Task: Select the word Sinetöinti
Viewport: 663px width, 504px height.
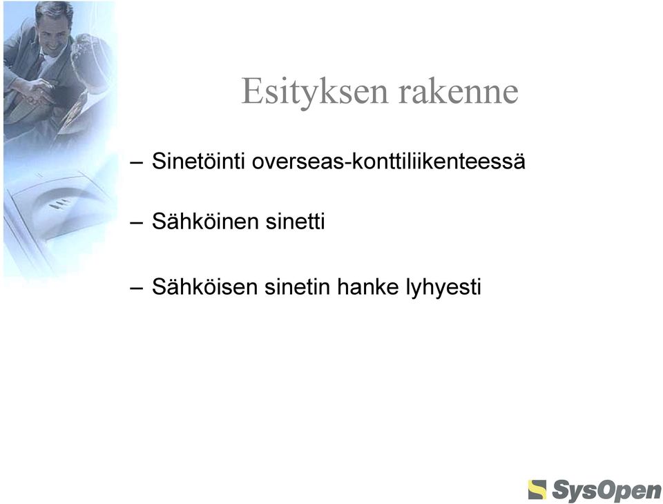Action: tap(198, 161)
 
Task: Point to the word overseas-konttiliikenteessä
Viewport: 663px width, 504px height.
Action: tap(389, 161)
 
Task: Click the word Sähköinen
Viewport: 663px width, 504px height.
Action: tap(205, 221)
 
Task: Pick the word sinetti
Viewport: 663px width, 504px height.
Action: tap(295, 221)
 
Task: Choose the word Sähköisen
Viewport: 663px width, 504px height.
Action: tap(204, 287)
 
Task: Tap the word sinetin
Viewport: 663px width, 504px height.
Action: tap(297, 287)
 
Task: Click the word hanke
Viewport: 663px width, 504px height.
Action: tap(368, 287)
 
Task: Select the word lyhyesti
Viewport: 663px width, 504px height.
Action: tap(443, 287)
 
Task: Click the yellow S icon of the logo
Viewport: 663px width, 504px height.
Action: tap(537, 490)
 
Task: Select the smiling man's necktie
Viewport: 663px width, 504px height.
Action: tap(39, 66)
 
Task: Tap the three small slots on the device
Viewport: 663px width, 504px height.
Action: tap(59, 204)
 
